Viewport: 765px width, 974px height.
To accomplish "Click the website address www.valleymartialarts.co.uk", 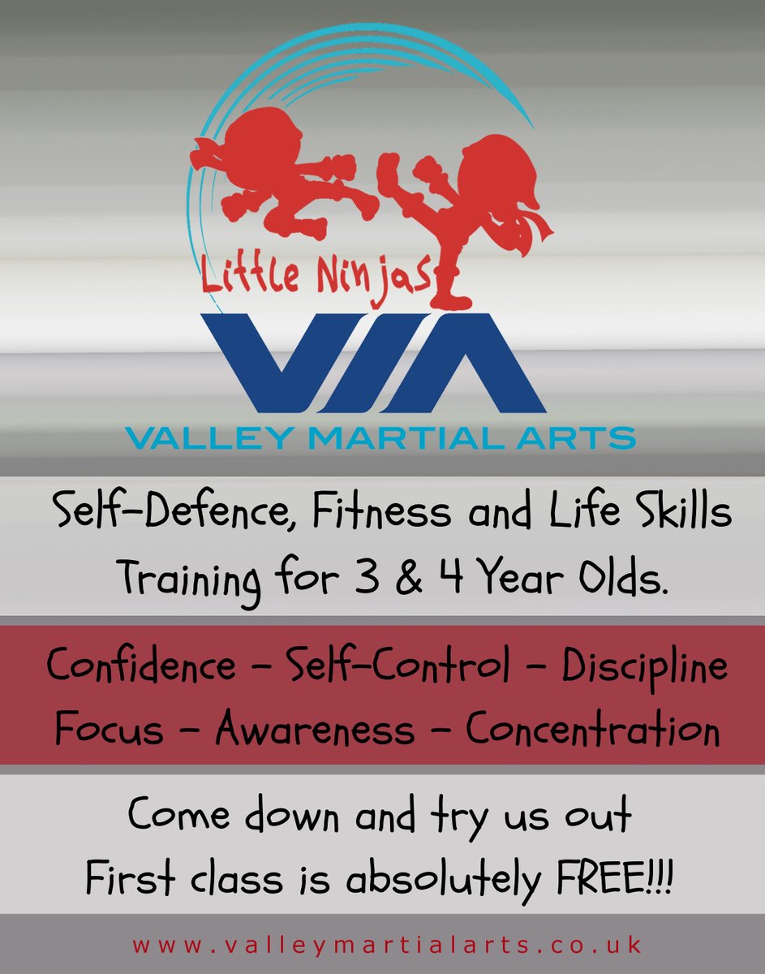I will [387, 946].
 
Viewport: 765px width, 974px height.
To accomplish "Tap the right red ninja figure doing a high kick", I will [479, 203].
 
